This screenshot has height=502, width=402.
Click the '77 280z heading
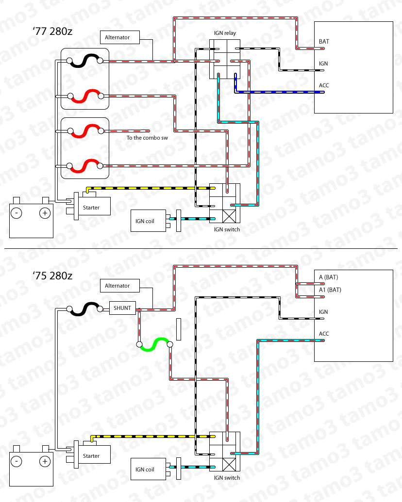point(52,32)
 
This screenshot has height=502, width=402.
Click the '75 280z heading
point(52,275)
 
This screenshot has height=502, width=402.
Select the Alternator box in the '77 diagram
point(120,37)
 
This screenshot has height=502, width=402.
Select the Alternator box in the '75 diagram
point(120,286)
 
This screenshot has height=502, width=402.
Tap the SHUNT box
point(122,308)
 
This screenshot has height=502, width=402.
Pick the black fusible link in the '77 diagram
point(84,61)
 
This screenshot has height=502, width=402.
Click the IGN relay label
point(225,33)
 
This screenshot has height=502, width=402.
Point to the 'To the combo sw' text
point(147,138)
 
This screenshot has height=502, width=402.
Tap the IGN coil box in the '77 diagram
point(148,221)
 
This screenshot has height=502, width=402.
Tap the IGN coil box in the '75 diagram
point(148,470)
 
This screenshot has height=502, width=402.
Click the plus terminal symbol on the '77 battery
point(45,213)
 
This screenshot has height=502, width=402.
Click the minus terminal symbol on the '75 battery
point(17,461)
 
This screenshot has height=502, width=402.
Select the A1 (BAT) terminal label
point(330,290)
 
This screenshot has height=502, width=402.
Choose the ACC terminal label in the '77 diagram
point(324,85)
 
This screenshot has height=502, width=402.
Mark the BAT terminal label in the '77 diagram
point(324,42)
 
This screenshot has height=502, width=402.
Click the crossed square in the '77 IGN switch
point(229,216)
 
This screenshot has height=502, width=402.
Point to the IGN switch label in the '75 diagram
point(227,478)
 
